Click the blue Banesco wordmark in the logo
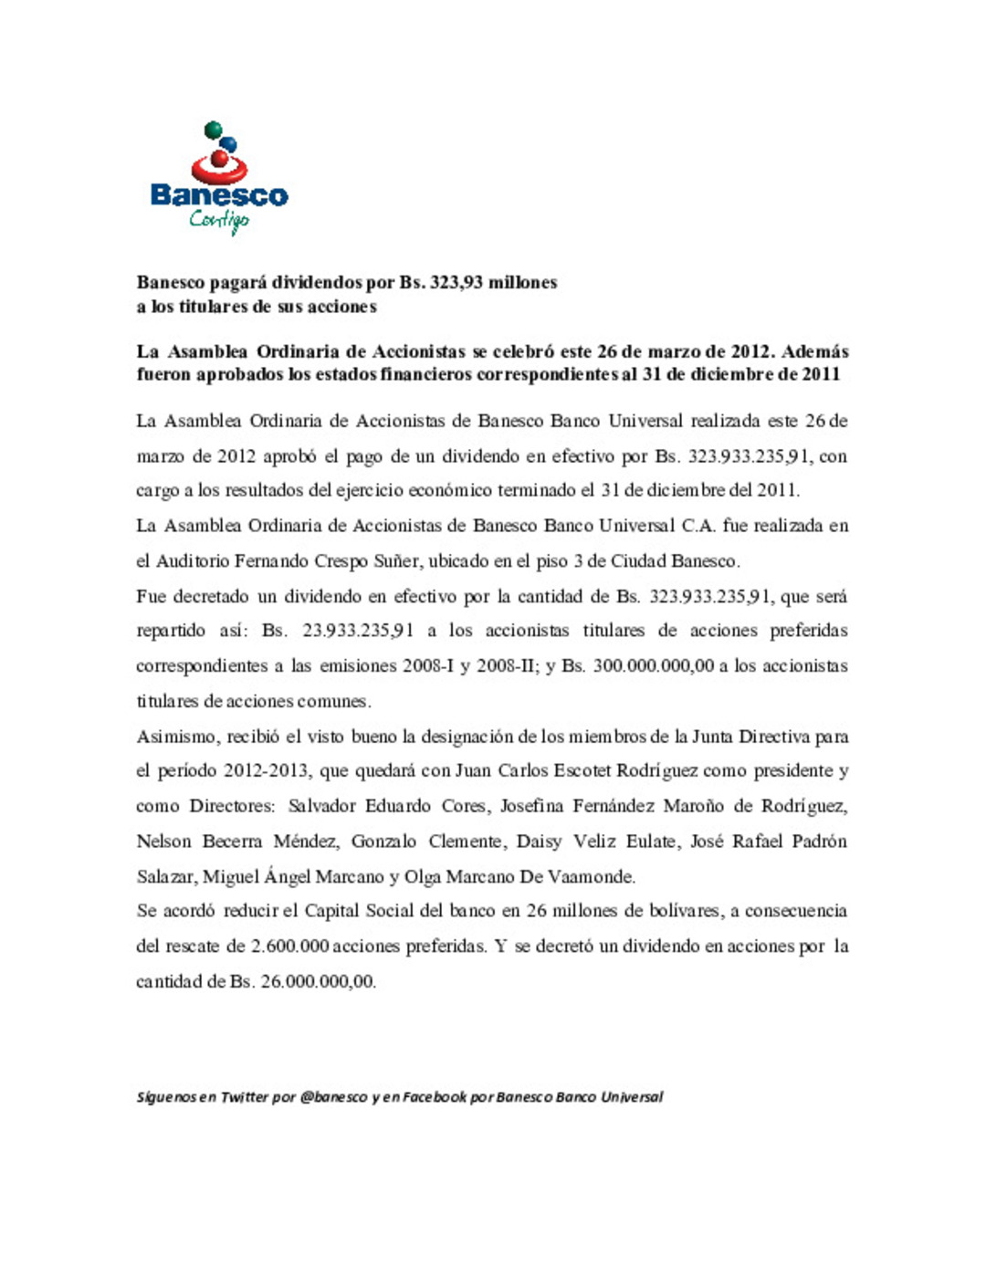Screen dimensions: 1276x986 (219, 195)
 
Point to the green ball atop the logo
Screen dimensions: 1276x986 (213, 130)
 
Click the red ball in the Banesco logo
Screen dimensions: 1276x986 (220, 161)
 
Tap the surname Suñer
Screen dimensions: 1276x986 (396, 561)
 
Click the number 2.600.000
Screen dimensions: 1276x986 (289, 947)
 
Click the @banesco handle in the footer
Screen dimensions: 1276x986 (333, 1097)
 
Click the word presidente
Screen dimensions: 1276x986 (793, 771)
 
